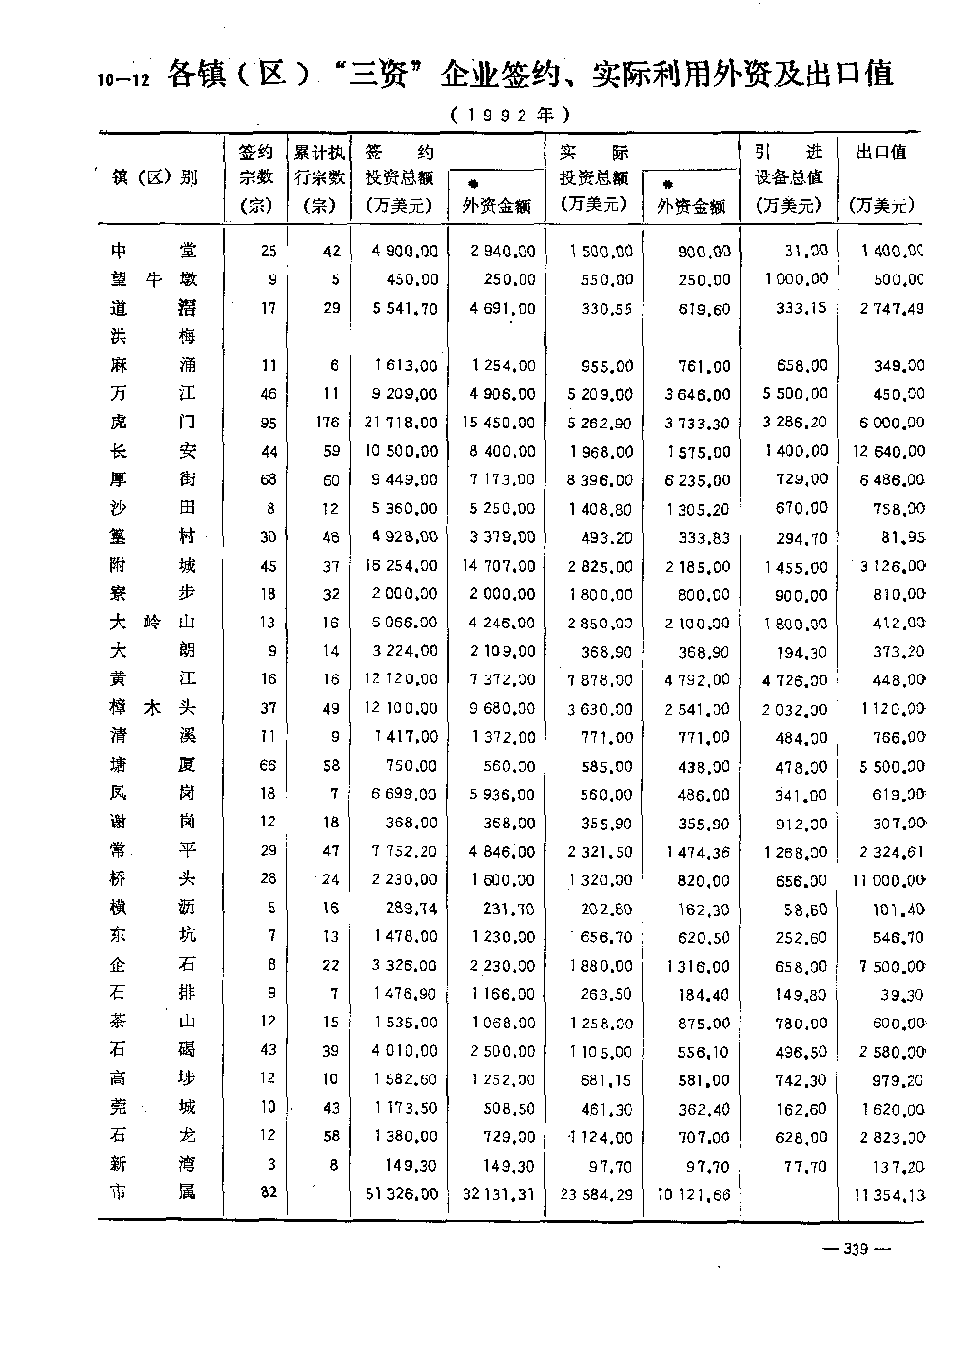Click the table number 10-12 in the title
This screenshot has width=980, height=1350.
(122, 80)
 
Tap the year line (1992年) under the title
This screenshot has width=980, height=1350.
(511, 115)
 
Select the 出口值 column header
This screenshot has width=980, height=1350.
(881, 152)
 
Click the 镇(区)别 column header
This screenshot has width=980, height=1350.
(154, 177)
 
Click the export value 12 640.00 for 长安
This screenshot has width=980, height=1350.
(887, 451)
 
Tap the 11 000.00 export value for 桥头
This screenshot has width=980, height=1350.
(888, 880)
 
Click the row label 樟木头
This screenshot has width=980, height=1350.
(153, 708)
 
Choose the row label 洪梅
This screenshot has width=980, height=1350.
(153, 336)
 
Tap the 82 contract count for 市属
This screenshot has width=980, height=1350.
(268, 1192)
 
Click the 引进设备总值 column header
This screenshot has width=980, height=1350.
(789, 177)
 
